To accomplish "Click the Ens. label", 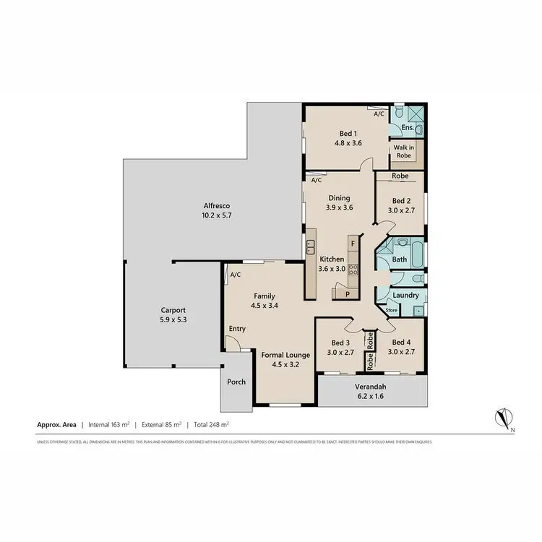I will pos(407,128).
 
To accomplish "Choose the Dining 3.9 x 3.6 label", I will pos(338,202).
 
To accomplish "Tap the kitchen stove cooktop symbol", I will pos(353,270).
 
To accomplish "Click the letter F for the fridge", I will pos(352,244).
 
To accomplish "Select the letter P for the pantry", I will pos(347,294).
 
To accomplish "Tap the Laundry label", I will pos(405,295).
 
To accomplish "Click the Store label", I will pos(392,311).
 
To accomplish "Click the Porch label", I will pos(236,382).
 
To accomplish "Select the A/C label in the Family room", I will pos(235,275).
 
